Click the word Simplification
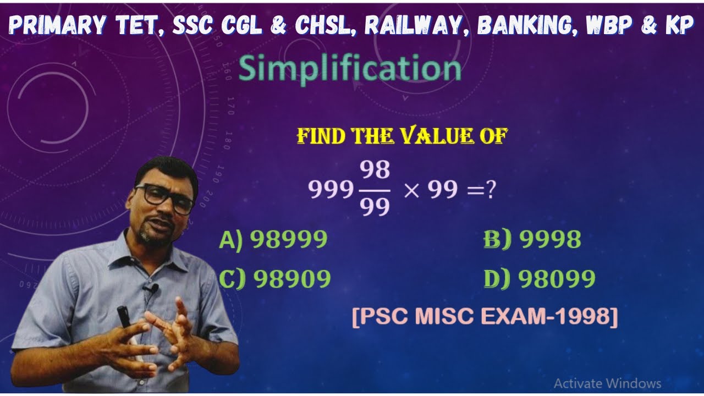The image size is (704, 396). tap(350, 70)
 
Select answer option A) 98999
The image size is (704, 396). tap(273, 239)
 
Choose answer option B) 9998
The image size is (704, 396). tap(532, 239)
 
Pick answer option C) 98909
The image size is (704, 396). tap(275, 279)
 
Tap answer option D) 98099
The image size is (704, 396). tap(540, 279)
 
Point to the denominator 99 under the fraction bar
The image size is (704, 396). tap(376, 207)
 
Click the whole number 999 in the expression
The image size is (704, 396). tap(331, 190)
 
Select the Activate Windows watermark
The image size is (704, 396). tap(607, 383)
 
